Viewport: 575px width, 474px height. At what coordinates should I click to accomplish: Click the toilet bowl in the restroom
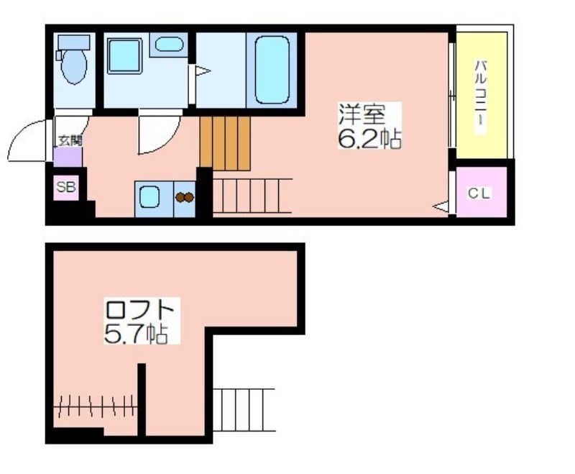[74, 66]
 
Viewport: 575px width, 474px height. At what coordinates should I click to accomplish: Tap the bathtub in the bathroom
[272, 70]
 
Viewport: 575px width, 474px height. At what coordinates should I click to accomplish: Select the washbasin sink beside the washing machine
[169, 45]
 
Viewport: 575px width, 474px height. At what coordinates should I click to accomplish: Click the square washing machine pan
[124, 56]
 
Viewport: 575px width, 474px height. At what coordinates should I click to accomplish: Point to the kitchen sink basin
[149, 197]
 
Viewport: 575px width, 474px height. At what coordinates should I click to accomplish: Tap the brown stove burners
[185, 197]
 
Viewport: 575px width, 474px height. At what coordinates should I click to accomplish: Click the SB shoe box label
[66, 187]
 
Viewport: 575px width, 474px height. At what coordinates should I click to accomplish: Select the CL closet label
[479, 193]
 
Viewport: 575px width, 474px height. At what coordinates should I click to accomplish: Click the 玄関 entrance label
[70, 140]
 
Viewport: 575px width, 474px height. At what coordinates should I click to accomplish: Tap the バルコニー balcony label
[481, 97]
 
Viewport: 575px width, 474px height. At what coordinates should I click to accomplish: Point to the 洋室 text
[362, 114]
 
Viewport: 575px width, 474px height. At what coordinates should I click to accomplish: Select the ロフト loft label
[139, 311]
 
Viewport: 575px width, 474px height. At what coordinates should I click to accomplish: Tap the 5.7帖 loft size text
[137, 334]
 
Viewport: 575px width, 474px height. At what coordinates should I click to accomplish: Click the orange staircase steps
[225, 143]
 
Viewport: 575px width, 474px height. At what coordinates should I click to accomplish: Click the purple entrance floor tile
[68, 158]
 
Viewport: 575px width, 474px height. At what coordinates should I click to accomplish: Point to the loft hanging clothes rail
[96, 406]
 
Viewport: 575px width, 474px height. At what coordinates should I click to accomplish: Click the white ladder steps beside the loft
[244, 410]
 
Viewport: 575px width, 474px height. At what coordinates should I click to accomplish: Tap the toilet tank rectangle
[74, 42]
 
